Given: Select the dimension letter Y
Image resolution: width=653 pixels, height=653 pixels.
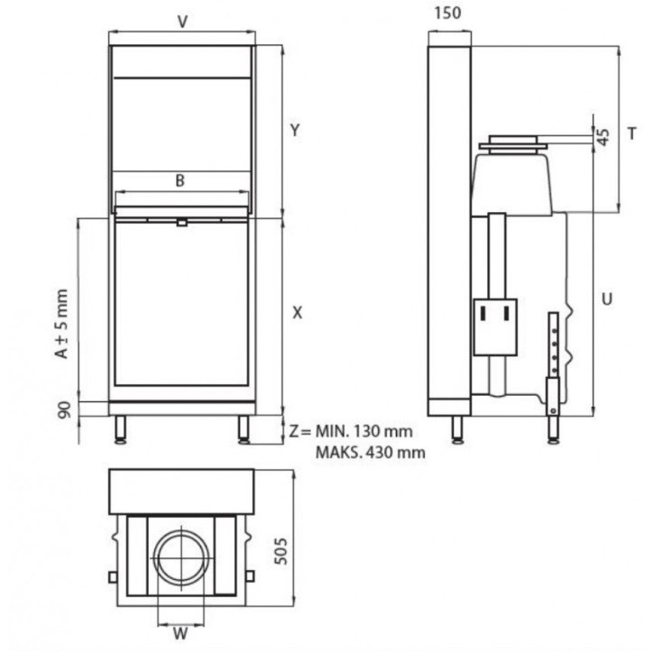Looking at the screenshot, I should click(294, 130).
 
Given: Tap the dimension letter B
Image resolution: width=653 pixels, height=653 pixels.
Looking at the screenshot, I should click(180, 181).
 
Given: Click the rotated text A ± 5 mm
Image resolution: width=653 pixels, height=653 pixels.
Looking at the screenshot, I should click(61, 324).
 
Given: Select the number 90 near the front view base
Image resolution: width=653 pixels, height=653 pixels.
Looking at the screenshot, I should click(64, 410).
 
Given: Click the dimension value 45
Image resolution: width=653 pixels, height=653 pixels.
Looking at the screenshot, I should click(604, 136).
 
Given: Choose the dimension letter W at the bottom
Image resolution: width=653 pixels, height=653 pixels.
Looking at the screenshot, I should click(181, 633).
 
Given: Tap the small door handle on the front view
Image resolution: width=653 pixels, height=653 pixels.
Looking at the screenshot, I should click(181, 222).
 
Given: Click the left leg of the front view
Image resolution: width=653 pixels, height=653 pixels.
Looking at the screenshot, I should click(120, 429).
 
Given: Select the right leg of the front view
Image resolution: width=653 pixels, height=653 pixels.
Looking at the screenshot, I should click(244, 429).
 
